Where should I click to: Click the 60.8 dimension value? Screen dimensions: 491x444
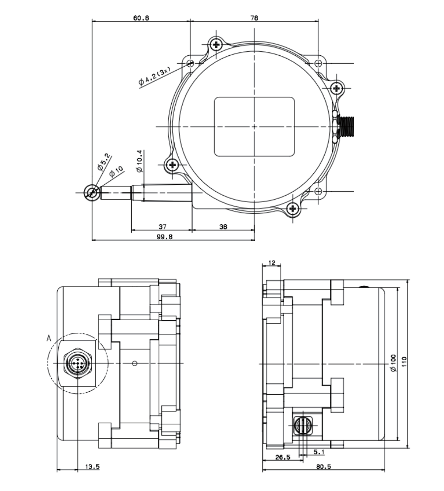(141, 17)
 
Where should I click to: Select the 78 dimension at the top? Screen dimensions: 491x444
(254, 17)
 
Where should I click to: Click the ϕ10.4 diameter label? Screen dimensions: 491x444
(139, 162)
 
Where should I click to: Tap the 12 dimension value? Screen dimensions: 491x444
(271, 262)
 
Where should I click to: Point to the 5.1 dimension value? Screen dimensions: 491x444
(319, 451)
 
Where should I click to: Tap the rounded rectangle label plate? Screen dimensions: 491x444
(254, 126)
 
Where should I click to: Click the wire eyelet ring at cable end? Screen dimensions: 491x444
(91, 192)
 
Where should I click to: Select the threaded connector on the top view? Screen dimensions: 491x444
(348, 126)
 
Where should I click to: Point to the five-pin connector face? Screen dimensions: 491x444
(78, 365)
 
